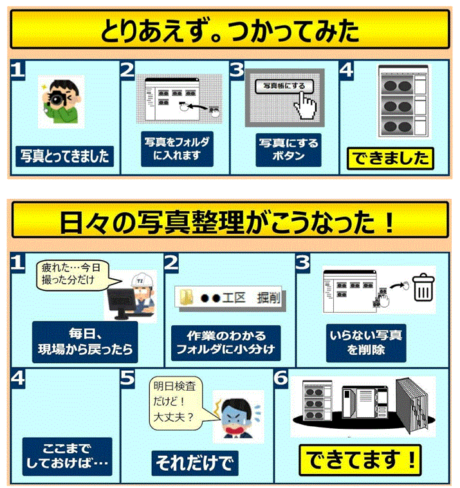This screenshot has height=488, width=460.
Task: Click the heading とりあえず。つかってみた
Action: (x=229, y=29)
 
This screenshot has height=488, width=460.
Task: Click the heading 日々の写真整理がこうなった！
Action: (x=229, y=221)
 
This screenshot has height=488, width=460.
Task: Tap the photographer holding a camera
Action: (x=60, y=102)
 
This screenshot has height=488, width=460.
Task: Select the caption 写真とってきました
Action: (x=64, y=156)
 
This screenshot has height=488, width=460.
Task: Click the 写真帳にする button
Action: (x=284, y=85)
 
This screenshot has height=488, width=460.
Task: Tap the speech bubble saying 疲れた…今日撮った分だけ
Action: (x=71, y=276)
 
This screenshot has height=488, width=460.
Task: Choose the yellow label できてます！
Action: (x=362, y=460)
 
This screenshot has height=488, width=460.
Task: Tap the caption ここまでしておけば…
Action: (x=66, y=456)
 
